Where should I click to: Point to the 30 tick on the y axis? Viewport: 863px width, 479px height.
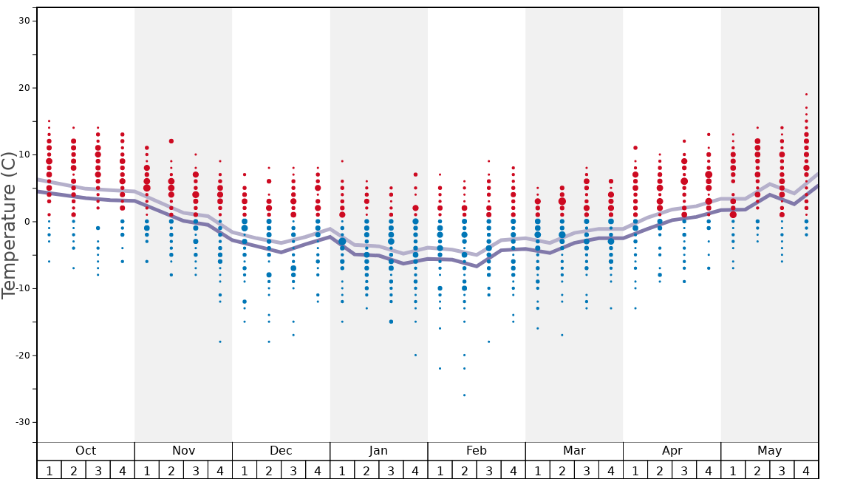click(24, 21)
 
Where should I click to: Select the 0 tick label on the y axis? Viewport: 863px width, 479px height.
click(26, 222)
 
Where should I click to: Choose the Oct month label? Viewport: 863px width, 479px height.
click(86, 451)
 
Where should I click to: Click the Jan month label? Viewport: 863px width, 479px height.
click(378, 451)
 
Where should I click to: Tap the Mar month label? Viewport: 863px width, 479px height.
click(574, 451)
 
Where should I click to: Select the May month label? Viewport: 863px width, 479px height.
click(769, 451)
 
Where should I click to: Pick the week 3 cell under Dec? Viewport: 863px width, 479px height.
click(293, 470)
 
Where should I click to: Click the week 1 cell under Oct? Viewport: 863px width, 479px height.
click(50, 470)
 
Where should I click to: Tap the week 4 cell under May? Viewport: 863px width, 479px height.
click(806, 470)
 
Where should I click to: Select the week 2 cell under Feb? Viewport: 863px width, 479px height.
click(464, 470)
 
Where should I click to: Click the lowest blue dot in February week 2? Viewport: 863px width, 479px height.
click(464, 395)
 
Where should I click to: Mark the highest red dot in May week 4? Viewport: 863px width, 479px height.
click(806, 94)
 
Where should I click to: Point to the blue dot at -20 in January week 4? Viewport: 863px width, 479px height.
click(415, 355)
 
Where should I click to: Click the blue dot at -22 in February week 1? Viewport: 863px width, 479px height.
click(440, 368)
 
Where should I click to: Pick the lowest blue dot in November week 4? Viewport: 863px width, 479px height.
click(220, 342)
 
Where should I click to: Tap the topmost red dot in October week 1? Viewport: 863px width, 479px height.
click(50, 120)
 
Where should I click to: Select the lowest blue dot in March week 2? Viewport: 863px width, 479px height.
click(562, 335)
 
